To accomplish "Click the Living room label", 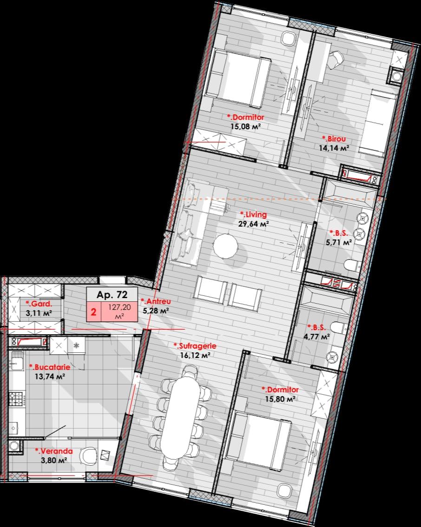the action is tap(254, 215).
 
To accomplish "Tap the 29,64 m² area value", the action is tap(254, 224).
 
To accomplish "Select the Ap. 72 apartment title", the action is tap(112, 295).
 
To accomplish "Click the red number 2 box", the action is tap(93, 312).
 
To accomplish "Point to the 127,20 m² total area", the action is tap(119, 312).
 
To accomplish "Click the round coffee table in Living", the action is tap(225, 246).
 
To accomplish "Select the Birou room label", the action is tap(334, 139).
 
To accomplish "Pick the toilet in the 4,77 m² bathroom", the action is tap(338, 327).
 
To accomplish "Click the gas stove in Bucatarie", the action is tap(15, 399).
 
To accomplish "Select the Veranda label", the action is tap(54, 451).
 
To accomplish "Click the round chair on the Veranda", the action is tap(88, 455).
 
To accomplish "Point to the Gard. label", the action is tap(39, 304).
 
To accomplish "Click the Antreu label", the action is tap(156, 301).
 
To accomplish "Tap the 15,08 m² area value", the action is tap(246, 127).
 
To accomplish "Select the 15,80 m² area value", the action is tap(280, 399).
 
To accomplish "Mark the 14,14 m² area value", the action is tap(334, 148).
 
